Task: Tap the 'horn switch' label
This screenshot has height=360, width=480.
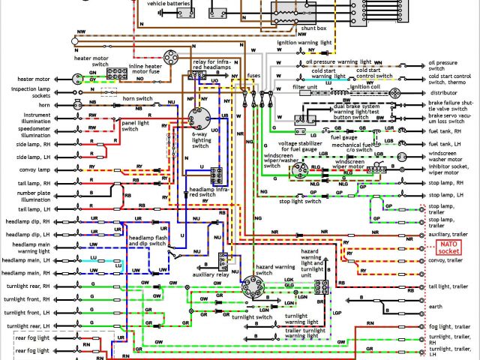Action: coord(138,98)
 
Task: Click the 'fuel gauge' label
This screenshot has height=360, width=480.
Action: coord(343,138)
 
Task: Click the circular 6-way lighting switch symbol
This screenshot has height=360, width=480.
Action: coord(199,120)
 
